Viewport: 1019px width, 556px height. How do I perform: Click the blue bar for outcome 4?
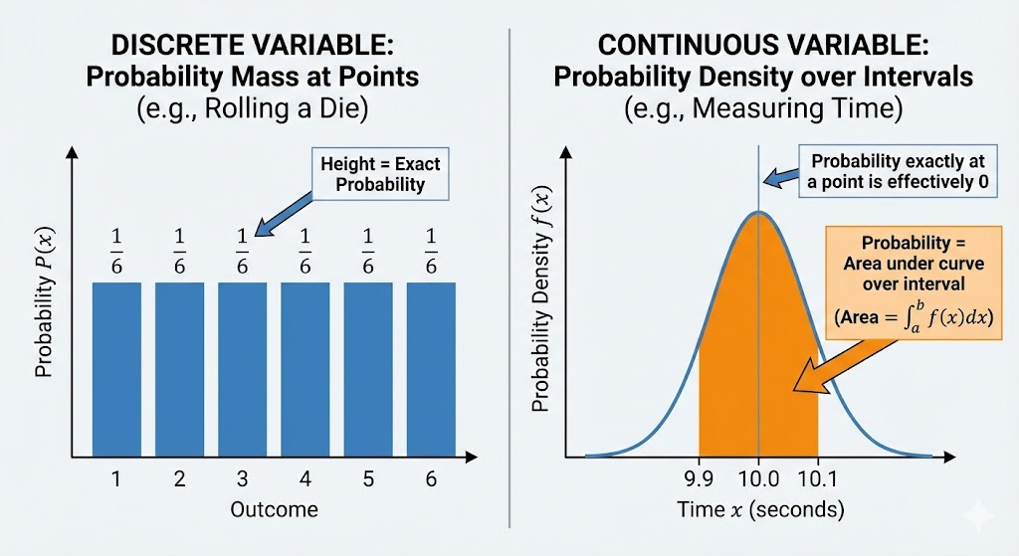coord(306,368)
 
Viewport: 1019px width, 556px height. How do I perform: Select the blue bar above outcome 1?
coord(116,368)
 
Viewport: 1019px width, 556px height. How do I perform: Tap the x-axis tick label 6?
coord(431,479)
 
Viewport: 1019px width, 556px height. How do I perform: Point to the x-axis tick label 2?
coord(179,479)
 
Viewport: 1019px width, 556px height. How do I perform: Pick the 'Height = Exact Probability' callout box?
coord(381,173)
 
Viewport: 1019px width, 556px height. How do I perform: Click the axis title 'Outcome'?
coord(274,509)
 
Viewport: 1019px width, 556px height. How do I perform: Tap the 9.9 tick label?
coord(700,479)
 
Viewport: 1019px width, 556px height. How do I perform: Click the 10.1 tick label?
coord(818,479)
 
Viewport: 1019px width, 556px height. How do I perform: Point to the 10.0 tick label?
coord(758,479)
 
